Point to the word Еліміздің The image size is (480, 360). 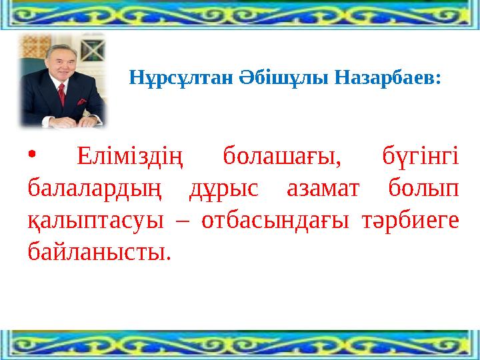(x=129, y=158)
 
